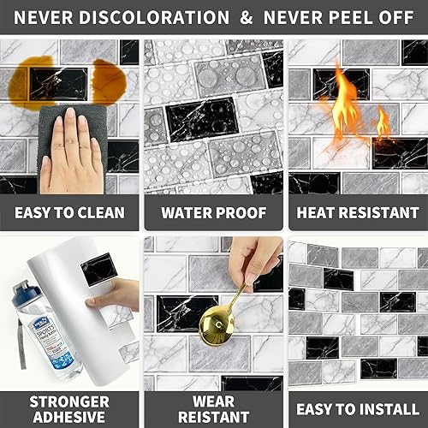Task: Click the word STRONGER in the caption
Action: pos(68,401)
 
